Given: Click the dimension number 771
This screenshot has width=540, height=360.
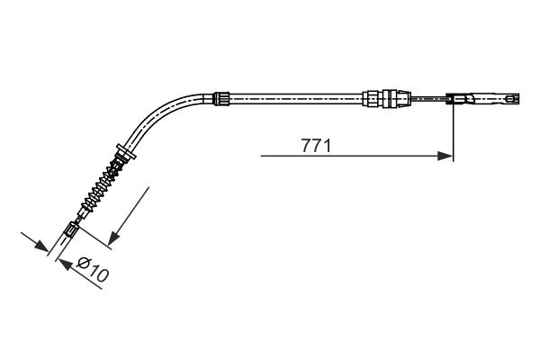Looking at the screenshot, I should click(x=314, y=144).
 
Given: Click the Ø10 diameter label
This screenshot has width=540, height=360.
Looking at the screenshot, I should click(x=93, y=270).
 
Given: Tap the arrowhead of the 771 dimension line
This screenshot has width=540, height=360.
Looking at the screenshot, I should click(x=445, y=156).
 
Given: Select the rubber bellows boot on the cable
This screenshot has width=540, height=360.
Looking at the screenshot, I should click(x=101, y=185).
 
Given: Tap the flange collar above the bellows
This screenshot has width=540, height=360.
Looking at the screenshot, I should click(x=125, y=150).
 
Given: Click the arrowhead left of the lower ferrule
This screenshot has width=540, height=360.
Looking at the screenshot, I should click(x=42, y=245).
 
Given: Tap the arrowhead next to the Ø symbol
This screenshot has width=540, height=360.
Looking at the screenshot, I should click(x=63, y=262).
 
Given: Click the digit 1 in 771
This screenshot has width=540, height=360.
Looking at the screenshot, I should click(x=326, y=144).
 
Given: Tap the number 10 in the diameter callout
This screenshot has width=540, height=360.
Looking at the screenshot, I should click(x=98, y=274).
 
